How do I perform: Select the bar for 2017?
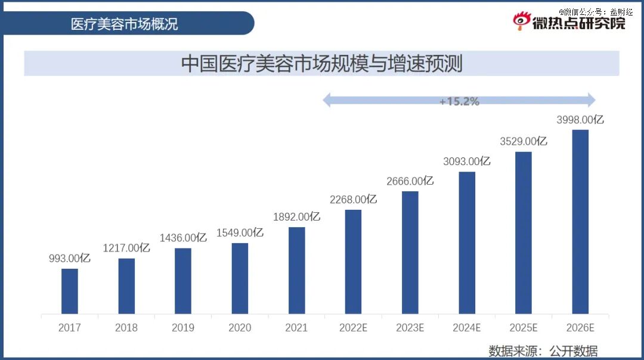69,291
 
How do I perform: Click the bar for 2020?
240,278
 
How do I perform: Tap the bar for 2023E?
410,253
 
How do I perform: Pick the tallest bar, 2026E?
580,222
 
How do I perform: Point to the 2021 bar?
296,271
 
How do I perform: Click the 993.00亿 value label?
69,258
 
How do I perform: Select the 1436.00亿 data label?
183,238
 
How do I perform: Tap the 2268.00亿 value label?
353,200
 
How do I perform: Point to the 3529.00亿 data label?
524,141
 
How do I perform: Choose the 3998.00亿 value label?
580,120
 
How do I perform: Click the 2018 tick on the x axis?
126,328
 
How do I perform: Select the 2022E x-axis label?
353,328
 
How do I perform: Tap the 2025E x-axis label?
524,328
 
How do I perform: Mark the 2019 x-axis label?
183,328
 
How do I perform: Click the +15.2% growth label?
459,101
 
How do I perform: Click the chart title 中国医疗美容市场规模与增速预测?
322,64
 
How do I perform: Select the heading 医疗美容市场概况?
124,24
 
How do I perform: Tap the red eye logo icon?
522,20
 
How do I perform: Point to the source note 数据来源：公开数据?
543,351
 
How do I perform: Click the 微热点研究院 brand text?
578,23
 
